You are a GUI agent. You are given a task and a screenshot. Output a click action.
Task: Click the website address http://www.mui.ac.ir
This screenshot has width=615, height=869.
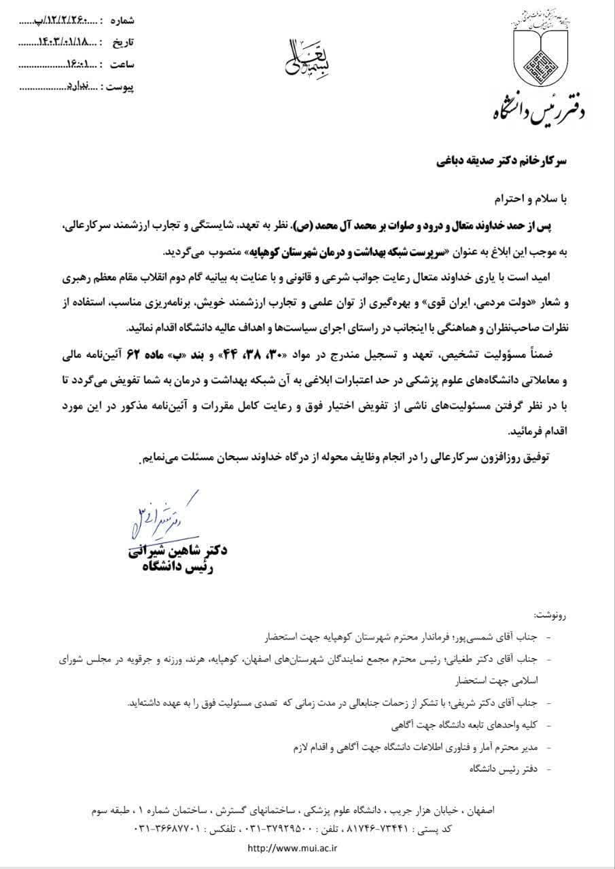[293, 848]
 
